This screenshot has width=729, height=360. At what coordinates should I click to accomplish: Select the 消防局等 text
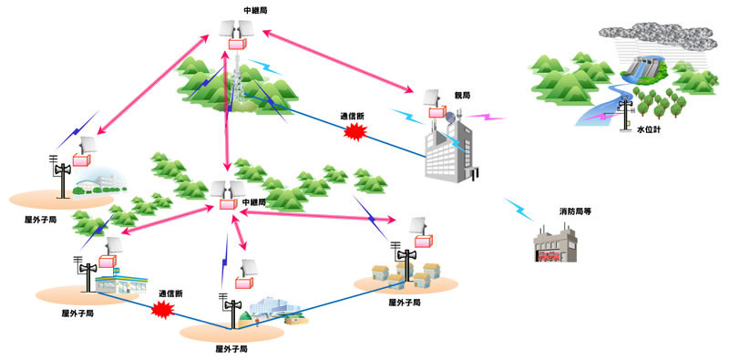tap(577, 211)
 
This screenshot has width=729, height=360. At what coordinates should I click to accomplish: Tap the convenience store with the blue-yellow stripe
tap(124, 282)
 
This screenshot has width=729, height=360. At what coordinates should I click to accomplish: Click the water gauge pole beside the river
tap(626, 111)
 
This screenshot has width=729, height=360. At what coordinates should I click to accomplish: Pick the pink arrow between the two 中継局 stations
tap(225, 118)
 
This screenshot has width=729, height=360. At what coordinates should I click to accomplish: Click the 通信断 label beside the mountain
tap(352, 117)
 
